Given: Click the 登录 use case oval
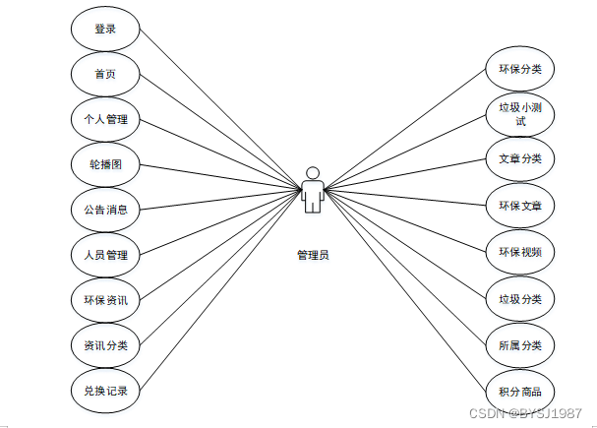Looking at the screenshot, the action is tap(105, 30).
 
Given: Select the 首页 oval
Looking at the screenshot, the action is tap(105, 75).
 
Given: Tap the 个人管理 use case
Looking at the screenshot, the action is tap(105, 120).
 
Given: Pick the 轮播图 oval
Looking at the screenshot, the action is tap(105, 164).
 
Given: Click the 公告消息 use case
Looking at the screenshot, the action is tap(105, 210).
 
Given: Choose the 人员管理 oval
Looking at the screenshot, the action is tap(105, 255).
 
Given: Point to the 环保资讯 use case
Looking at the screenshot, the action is tap(105, 300).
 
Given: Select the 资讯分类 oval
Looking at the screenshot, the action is tap(105, 345).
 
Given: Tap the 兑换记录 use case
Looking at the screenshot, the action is tap(105, 391).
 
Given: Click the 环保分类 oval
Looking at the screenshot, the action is tap(520, 70).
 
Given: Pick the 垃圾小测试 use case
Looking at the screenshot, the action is tap(520, 115).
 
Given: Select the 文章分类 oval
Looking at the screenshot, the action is tap(520, 159).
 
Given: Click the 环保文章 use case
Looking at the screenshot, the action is tap(520, 205).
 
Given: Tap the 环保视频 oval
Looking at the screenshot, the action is tap(520, 250).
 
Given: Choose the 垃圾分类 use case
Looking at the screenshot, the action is tap(520, 298).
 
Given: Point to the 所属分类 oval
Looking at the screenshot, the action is tap(520, 344).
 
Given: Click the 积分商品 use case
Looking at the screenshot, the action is tap(520, 390).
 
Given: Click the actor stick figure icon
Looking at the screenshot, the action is tap(313, 189).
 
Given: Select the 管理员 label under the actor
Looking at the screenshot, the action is tap(313, 254).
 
